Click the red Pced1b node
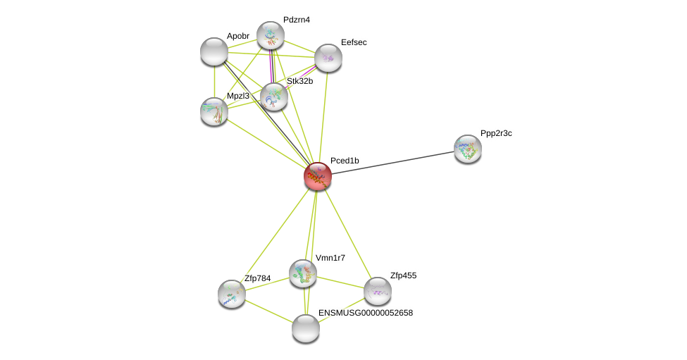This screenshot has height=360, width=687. coord(318,176)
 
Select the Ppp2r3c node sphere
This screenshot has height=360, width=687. coord(468,149)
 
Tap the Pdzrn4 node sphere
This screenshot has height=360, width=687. coord(271,35)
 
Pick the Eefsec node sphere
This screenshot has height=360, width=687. coord(328,58)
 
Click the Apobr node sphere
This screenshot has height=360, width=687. coord(214,51)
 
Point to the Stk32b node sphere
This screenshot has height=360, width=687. coord(274,97)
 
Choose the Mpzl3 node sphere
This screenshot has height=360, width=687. coord(214,111)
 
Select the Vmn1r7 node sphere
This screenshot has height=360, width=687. coord(303,273)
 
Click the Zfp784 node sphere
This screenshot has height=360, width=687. coord(232,294)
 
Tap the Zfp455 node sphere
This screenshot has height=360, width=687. coord(378,291)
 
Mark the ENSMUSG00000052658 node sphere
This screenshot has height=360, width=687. coord(306,328)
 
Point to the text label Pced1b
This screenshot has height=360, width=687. coord(345,161)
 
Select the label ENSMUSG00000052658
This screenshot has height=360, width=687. coord(366,313)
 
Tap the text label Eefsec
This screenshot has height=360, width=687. coord(354,42)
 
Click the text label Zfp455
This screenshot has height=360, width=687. coord(403,275)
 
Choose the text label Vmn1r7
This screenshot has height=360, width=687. coord(330,258)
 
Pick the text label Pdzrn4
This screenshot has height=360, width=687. coord(296,20)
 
